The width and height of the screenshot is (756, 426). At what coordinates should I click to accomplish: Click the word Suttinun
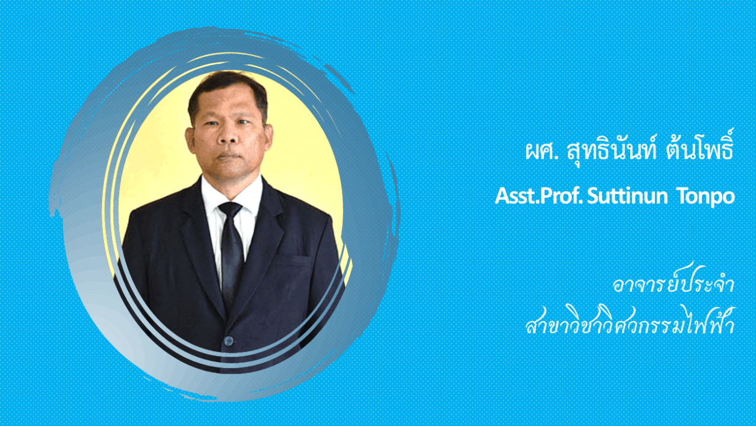[627, 196]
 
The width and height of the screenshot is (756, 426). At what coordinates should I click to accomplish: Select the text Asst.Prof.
[539, 196]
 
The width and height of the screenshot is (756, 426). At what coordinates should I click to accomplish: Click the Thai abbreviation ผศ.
[540, 151]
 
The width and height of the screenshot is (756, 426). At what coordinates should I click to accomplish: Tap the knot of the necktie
[230, 208]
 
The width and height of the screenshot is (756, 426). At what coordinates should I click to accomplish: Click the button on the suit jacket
[229, 340]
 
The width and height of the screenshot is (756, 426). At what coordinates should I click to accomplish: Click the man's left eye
[246, 122]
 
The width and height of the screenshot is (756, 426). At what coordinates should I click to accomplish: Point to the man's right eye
[212, 123]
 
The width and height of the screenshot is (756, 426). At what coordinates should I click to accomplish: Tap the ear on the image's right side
[268, 137]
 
